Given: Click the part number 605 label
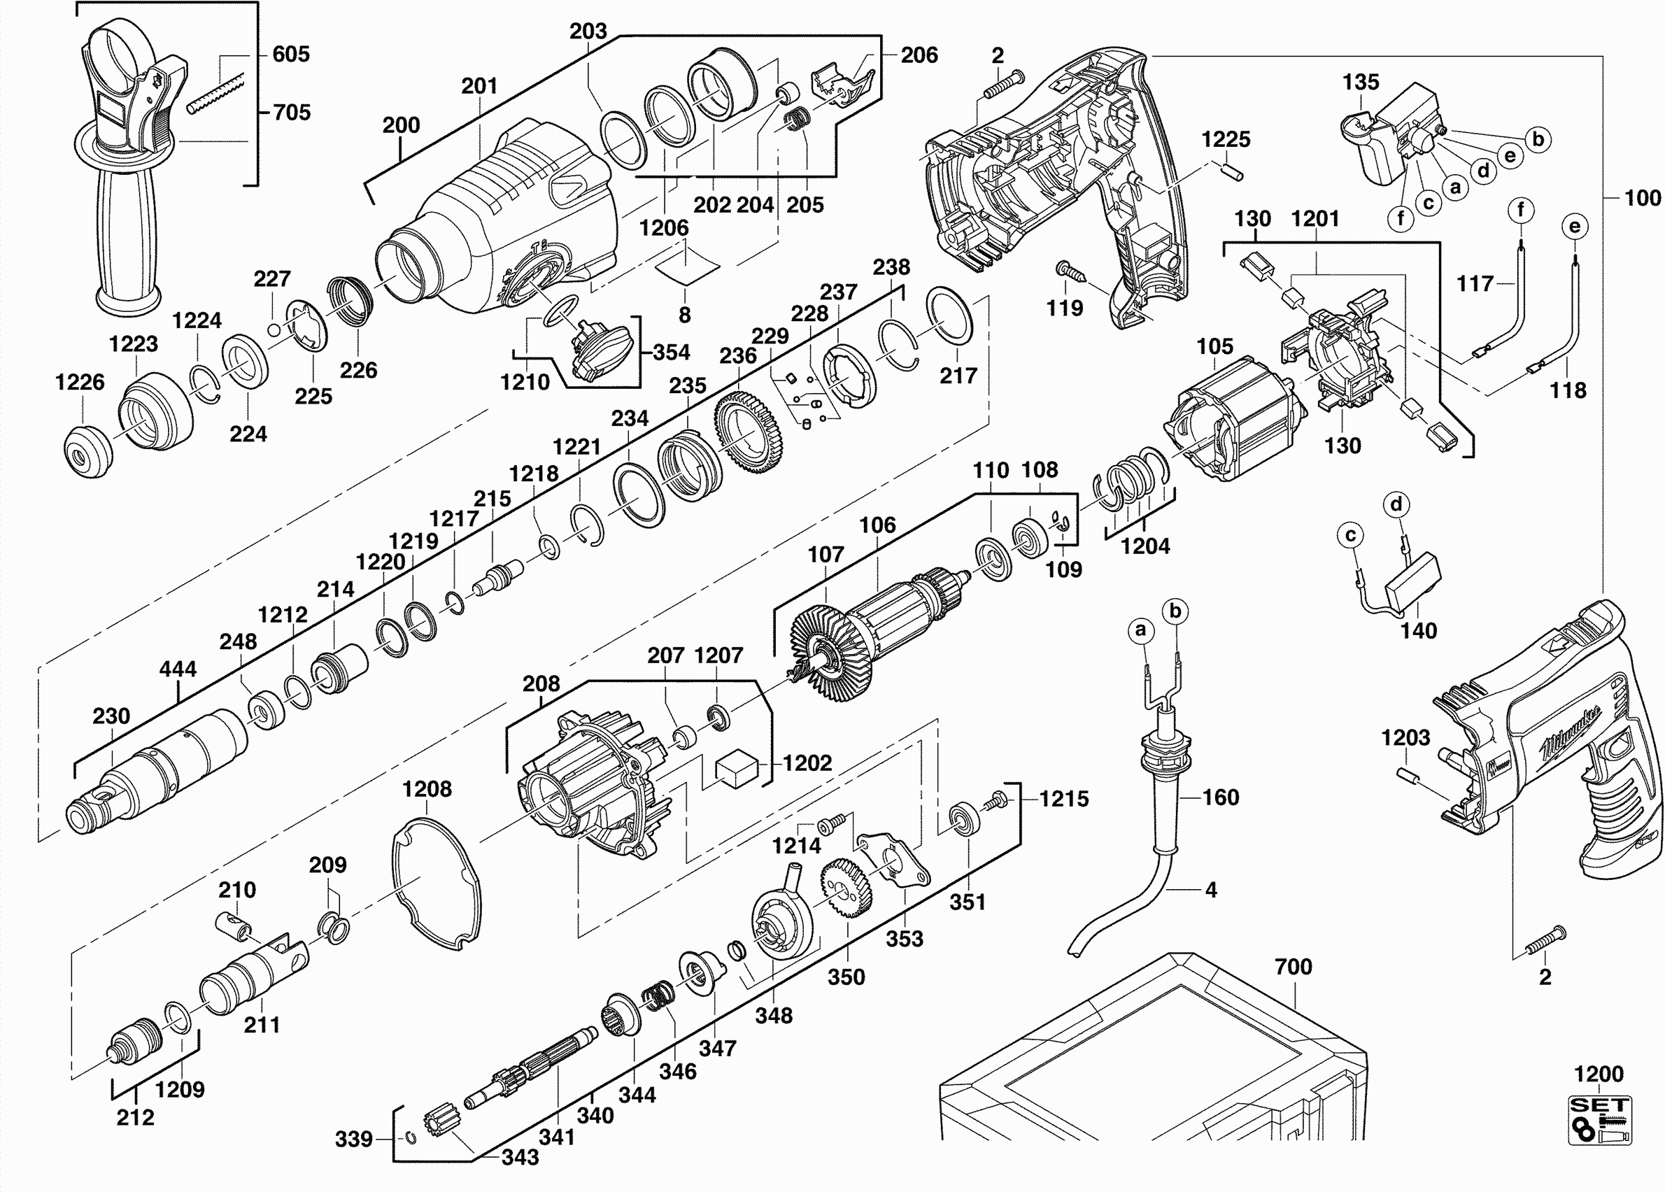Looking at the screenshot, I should [291, 54].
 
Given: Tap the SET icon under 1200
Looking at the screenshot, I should [1600, 1120].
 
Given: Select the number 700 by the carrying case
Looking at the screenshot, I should [1293, 967].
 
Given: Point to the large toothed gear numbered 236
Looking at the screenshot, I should [748, 432].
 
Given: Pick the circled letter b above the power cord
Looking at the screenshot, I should [1175, 611].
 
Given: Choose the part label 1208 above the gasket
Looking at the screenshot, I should [427, 789].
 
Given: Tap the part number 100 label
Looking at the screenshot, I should [1642, 197].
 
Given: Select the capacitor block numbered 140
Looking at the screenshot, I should [1413, 580].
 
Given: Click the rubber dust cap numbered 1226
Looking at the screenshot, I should [87, 452].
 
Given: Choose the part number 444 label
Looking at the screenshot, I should [178, 669].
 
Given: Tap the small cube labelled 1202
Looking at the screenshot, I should [737, 769].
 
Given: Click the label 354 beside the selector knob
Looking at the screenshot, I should [671, 353].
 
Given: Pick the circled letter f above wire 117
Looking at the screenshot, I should [1520, 211].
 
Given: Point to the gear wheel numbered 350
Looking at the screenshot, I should [846, 889].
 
